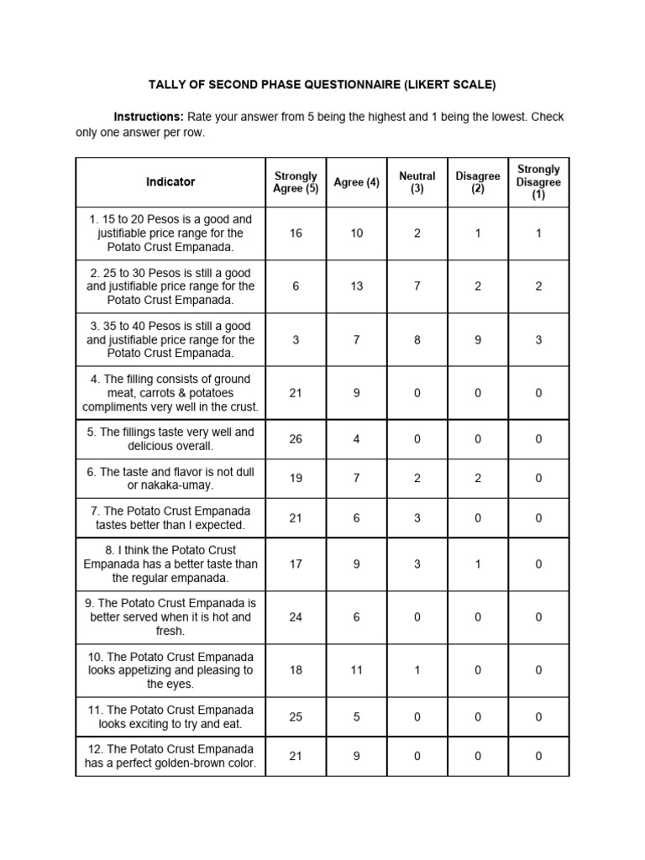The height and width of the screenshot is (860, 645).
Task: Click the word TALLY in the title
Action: coord(168,85)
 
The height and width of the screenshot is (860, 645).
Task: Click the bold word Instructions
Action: coord(149,117)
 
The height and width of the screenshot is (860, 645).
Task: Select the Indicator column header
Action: coord(170,181)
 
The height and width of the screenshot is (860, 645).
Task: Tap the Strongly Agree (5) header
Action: coord(296,182)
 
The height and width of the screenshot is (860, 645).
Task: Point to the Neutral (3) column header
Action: coord(417,182)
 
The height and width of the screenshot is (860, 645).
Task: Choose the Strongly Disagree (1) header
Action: coord(538,182)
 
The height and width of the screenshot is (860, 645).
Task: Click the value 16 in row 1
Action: coord(296,233)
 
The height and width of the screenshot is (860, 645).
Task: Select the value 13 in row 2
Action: coord(357,286)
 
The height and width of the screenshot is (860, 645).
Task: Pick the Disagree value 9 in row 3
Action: coord(478,340)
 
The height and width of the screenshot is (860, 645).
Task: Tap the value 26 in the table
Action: coord(296,439)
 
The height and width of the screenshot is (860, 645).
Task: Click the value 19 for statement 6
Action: coord(296,479)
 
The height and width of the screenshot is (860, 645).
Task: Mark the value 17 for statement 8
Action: coord(296,564)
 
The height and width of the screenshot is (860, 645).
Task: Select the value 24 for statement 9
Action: coord(296,617)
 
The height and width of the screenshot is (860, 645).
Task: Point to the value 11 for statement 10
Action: coord(357,670)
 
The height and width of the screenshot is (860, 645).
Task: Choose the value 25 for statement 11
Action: coord(296,717)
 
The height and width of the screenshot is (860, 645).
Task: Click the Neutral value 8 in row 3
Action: coord(417,340)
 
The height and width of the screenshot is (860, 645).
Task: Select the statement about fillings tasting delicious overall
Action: coord(170,439)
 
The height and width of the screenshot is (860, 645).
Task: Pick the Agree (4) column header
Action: coord(357,182)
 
